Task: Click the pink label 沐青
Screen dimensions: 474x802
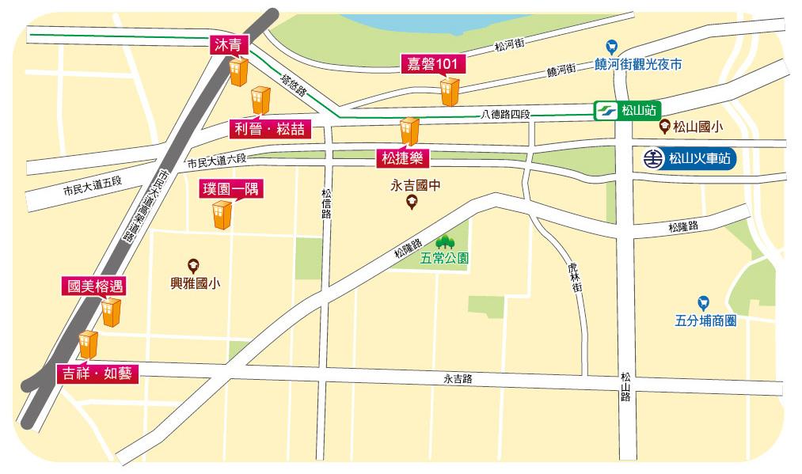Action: [x=227, y=45]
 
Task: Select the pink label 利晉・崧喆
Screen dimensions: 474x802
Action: [x=269, y=128]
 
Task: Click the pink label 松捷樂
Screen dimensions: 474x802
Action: [x=401, y=158]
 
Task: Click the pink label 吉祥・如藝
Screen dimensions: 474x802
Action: [x=98, y=374]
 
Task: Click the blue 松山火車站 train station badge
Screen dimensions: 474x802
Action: [x=690, y=158]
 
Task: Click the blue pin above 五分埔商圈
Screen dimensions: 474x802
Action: [x=702, y=303]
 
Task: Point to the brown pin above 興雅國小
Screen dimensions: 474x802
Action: [x=192, y=266]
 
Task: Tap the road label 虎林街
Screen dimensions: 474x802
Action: [x=576, y=279]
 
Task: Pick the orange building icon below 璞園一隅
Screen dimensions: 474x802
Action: [x=221, y=214]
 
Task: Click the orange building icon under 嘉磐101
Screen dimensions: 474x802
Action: [x=449, y=92]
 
